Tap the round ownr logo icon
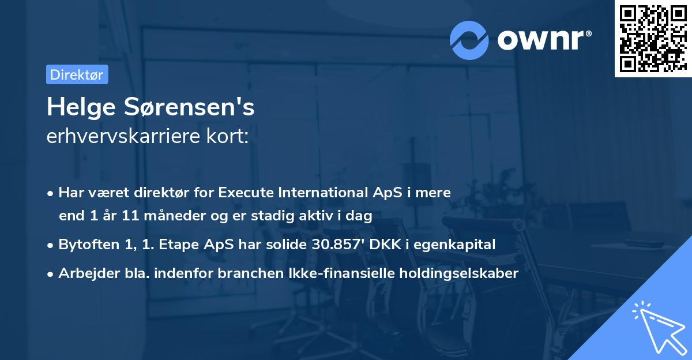tap(469, 40)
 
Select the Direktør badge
tap(77, 74)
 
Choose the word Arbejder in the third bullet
tap(84, 273)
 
